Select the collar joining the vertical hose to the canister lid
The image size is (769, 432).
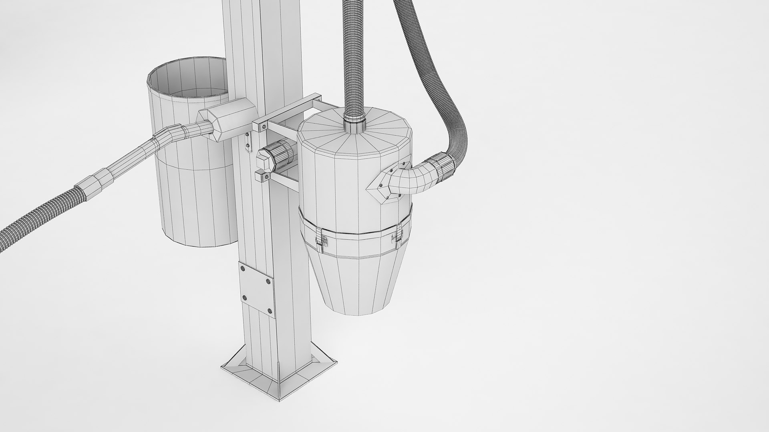point(355,122)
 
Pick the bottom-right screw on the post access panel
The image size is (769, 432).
point(269,311)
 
